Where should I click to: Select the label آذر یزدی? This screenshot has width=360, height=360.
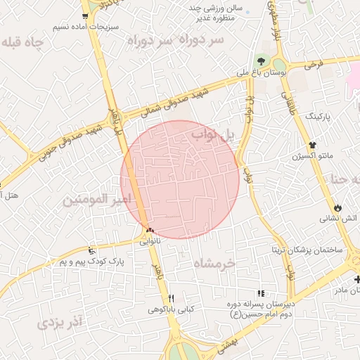[59, 323]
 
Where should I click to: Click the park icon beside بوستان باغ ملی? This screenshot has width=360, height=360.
[262, 62]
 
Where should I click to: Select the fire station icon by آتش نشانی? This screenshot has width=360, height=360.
[339, 208]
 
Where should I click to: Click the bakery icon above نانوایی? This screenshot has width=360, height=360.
[149, 230]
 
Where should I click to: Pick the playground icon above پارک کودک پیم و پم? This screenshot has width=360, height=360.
[91, 250]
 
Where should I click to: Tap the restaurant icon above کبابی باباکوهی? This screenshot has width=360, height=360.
[171, 298]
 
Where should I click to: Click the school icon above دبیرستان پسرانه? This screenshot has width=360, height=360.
[261, 293]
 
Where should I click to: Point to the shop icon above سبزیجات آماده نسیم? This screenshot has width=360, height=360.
[85, 16]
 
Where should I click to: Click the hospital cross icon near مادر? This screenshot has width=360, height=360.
[357, 280]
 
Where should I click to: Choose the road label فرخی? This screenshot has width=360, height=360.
[314, 65]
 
